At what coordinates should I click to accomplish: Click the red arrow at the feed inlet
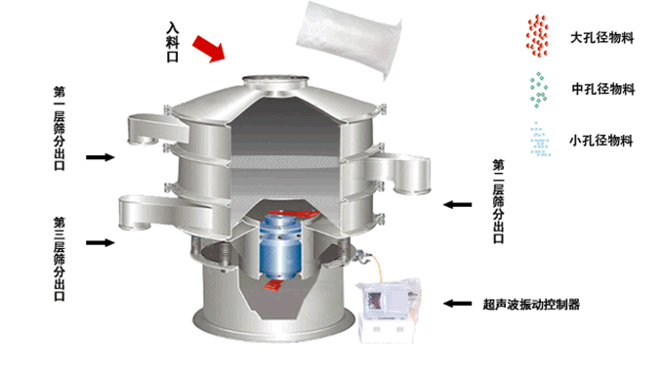209,48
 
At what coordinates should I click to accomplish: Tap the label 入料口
173,42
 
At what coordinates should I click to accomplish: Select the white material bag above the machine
350,39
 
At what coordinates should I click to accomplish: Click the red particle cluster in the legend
537,36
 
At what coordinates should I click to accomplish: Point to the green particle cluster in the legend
538,90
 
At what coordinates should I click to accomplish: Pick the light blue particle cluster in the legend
540,140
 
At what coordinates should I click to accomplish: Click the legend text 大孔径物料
602,38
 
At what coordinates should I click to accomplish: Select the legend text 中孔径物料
602,89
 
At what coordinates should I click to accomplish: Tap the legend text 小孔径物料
601,141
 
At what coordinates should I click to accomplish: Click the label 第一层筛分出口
60,129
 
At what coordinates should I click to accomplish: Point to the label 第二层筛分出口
498,201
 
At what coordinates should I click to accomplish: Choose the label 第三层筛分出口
60,259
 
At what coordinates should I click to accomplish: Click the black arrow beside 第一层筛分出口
101,157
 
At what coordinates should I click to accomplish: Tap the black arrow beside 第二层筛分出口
458,205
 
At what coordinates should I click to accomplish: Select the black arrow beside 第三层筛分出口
101,242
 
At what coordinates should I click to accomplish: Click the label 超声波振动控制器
531,304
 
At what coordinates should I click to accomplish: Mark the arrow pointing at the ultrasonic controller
458,304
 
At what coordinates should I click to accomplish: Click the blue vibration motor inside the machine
280,247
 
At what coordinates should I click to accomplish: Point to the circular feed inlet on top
275,81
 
